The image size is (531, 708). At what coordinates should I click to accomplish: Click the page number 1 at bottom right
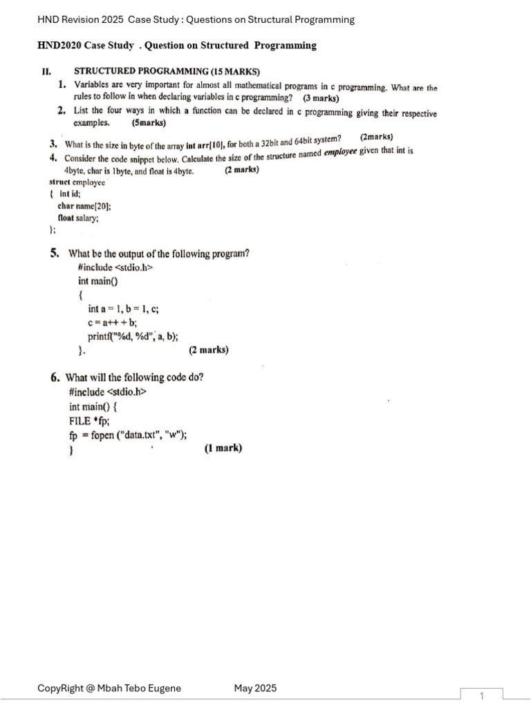point(482,696)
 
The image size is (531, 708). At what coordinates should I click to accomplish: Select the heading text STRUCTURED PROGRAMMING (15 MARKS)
point(167,71)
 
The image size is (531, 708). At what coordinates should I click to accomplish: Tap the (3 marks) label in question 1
point(321,98)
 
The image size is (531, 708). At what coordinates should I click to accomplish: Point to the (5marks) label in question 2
point(149,123)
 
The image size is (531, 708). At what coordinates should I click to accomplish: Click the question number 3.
point(53,145)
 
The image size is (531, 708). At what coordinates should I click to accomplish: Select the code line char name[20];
point(84,206)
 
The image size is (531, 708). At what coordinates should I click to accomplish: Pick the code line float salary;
point(78,218)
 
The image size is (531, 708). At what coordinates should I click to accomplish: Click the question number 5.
point(54,254)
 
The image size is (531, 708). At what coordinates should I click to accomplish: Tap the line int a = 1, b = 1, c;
point(124,310)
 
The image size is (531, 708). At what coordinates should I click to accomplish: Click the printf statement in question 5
point(133,337)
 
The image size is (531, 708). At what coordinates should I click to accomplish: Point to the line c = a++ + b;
point(113,323)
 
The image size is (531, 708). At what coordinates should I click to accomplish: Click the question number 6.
point(55,378)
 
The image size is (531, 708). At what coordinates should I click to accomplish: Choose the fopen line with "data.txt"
point(128,435)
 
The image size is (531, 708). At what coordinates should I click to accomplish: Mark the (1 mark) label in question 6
point(223,448)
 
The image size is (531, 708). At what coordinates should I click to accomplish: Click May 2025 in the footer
point(255,688)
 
